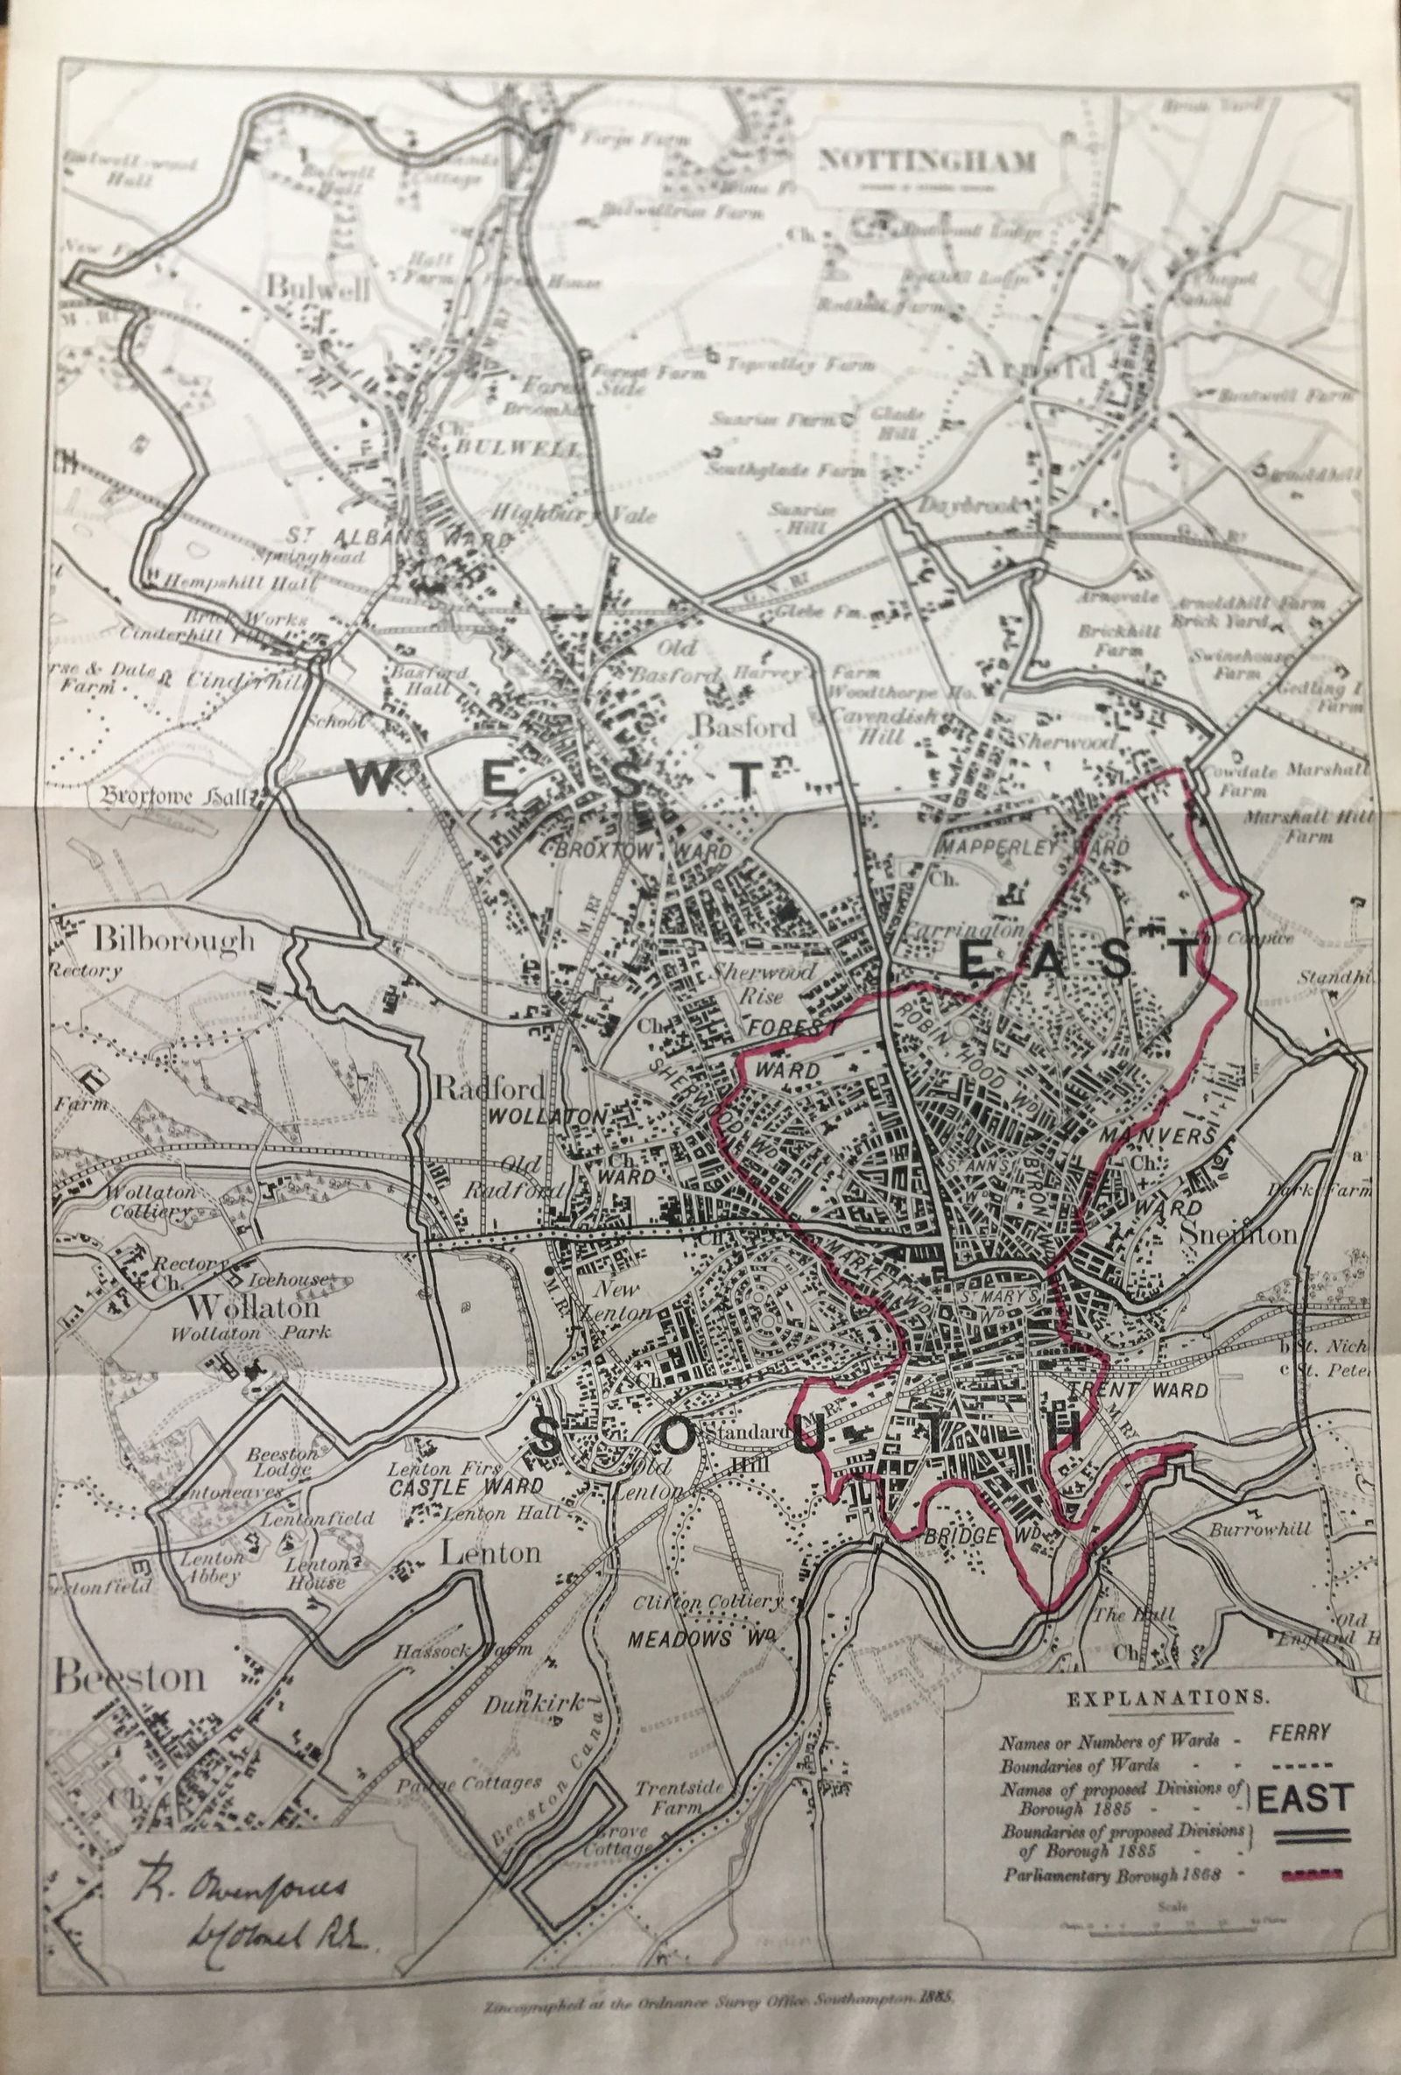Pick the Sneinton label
pyautogui.click(x=1236, y=1234)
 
